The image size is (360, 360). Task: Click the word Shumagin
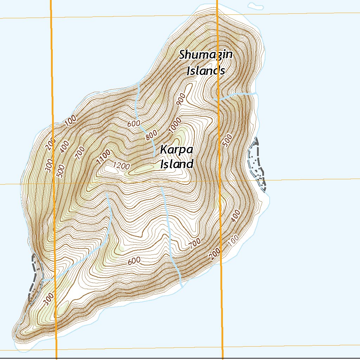pos(206,55)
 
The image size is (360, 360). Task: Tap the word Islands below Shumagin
pos(206,70)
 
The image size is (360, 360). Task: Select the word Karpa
pos(176,149)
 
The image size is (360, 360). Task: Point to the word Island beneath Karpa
pos(176,164)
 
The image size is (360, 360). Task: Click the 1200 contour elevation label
pos(122,166)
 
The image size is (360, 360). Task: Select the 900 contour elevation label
pos(181,100)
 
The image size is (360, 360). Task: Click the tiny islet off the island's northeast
pos(255,6)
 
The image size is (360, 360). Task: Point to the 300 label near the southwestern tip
pos(49,298)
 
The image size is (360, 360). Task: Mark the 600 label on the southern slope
pos(134,261)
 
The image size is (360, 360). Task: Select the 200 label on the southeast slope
pos(216,253)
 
